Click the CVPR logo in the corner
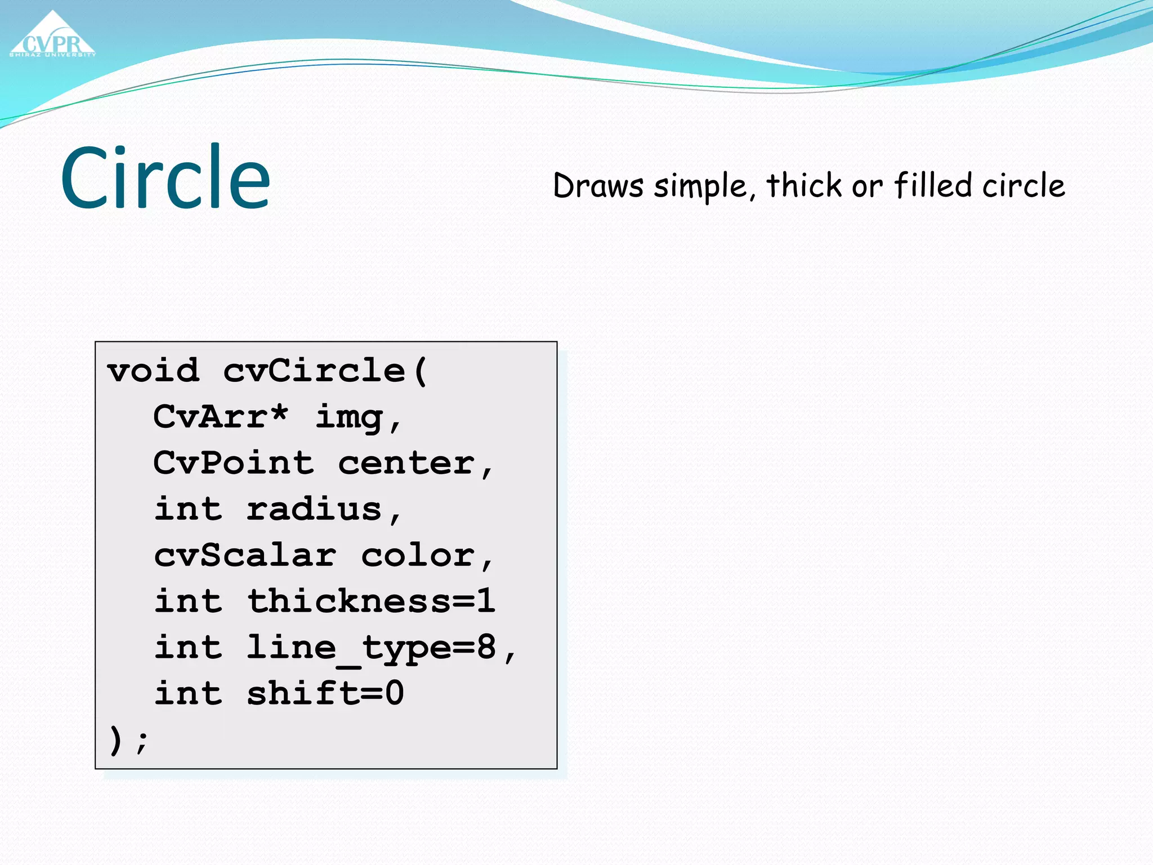point(53,37)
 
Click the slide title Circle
point(166,177)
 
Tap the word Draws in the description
point(598,186)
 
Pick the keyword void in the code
point(153,371)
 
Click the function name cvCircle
point(314,371)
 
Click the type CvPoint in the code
point(233,463)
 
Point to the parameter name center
point(406,463)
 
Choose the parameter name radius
point(314,509)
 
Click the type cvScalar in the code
point(245,555)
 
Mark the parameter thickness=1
point(372,601)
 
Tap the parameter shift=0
point(325,693)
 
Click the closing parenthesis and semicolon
point(128,739)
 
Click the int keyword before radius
point(188,509)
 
